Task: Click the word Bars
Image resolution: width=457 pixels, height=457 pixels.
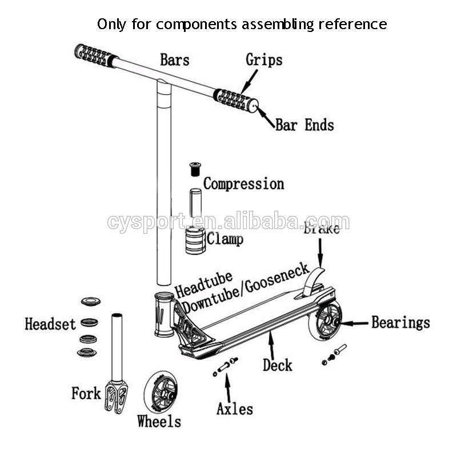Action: [174, 59]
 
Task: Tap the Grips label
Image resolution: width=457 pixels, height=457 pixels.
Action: [264, 59]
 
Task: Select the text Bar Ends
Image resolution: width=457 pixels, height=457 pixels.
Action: [304, 125]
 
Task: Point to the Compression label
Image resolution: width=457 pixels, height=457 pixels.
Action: [244, 184]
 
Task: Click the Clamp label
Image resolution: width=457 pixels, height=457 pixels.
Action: [225, 239]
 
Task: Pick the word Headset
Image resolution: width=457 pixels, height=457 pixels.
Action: [50, 324]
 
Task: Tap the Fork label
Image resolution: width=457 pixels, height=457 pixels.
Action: [86, 393]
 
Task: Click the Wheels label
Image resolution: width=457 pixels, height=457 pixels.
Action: [159, 422]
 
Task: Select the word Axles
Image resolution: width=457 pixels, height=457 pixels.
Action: [234, 409]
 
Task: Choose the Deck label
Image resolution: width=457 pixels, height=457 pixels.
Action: [278, 364]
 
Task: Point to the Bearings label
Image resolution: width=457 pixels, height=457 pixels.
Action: [400, 323]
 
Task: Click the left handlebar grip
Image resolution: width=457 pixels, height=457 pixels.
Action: [95, 55]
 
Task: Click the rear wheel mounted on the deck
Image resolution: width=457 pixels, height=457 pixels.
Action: [325, 323]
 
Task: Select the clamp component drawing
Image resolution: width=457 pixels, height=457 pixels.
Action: [195, 241]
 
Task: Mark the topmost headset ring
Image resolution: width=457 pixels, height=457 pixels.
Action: [91, 302]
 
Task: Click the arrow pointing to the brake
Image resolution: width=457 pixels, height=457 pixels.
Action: [320, 252]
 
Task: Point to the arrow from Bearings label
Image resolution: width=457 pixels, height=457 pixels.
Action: [354, 323]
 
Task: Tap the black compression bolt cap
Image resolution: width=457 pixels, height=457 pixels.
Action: [196, 170]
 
